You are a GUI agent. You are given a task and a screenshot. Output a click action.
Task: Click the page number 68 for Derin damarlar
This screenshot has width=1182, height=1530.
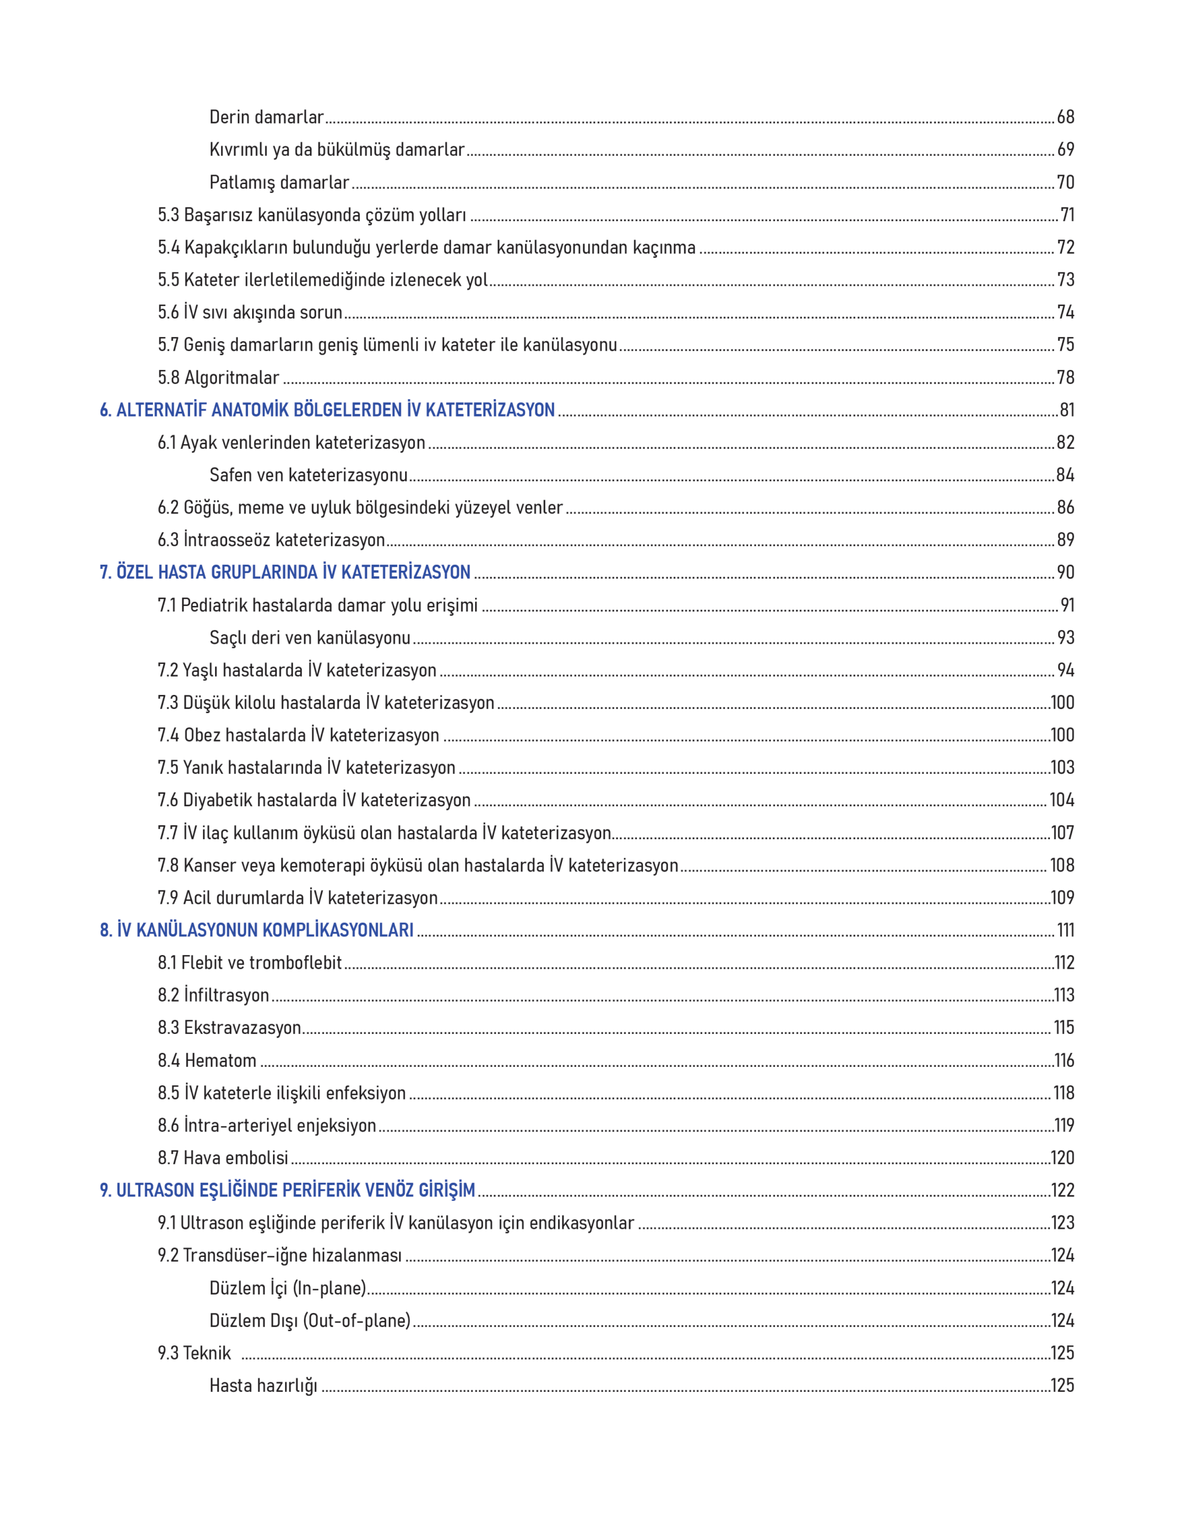point(1065,117)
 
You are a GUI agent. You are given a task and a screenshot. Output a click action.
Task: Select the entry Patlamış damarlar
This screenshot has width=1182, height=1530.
point(279,183)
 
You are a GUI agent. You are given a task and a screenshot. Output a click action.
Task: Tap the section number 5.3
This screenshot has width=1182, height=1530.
point(168,215)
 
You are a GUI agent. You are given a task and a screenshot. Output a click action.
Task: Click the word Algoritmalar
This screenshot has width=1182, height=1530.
point(231,378)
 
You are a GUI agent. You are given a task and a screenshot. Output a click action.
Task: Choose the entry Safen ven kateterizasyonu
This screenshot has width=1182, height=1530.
point(308,475)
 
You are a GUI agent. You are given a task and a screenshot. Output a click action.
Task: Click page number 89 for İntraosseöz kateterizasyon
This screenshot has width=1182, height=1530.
point(1065,540)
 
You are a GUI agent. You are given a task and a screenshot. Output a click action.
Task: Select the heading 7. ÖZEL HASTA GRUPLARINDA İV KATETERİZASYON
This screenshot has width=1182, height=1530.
point(284,573)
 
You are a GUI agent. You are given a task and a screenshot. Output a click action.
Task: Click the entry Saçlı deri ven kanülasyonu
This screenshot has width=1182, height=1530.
point(310,638)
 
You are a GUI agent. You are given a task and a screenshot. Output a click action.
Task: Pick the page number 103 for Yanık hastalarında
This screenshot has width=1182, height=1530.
point(1062,768)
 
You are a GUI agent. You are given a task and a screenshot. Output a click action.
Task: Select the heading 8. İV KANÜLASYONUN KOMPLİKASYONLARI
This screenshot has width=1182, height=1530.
point(256,931)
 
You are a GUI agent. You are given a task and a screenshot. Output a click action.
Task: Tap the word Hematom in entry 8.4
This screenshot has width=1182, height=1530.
point(220,1061)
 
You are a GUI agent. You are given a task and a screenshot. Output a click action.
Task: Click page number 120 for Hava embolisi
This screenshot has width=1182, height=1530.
point(1062,1158)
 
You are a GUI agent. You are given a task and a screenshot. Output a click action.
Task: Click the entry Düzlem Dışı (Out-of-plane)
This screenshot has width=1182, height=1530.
point(310,1321)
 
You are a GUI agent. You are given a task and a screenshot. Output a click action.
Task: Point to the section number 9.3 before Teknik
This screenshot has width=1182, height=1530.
point(168,1354)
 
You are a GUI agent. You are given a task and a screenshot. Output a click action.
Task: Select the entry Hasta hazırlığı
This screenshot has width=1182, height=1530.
point(263,1386)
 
